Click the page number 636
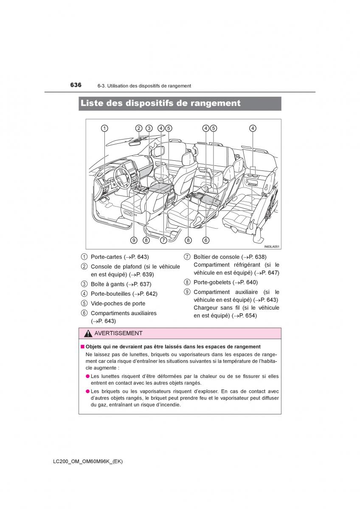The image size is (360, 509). click(76, 85)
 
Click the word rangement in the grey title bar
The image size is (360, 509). click(215, 103)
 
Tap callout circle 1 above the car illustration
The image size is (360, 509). click(104, 129)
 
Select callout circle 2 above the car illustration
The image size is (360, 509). click(139, 129)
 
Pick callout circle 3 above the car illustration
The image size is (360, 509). click(149, 129)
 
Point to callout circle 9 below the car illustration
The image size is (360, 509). click(134, 240)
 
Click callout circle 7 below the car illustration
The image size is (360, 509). click(163, 240)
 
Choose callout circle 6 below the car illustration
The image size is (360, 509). click(206, 240)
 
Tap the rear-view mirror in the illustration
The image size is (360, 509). click(135, 143)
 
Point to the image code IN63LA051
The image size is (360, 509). click(272, 247)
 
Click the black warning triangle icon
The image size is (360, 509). click(88, 333)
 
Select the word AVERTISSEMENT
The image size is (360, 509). click(118, 333)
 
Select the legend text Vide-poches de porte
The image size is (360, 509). click(118, 304)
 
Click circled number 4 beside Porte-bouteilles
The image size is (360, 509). click(84, 294)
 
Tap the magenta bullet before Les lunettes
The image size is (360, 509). click(87, 376)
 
